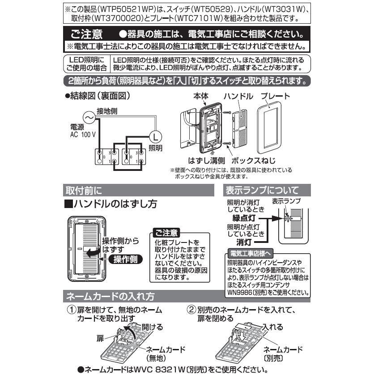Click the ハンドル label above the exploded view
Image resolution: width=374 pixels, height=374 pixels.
point(238,96)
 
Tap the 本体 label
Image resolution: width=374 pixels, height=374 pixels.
point(201,96)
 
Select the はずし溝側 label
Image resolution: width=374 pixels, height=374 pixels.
point(207,160)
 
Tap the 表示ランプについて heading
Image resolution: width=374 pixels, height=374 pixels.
point(261,190)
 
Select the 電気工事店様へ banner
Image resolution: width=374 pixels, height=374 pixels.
point(248,253)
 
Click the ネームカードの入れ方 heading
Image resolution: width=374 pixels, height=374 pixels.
point(110,296)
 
